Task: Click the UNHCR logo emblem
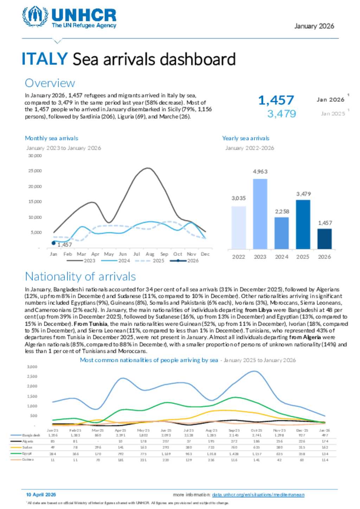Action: [x=35, y=16]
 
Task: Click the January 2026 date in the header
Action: [x=314, y=26]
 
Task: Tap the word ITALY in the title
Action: [x=44, y=59]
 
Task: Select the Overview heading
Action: [x=50, y=83]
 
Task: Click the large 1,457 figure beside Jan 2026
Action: [x=276, y=100]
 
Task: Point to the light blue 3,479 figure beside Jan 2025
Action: [x=281, y=114]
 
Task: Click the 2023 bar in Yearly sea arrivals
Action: [x=260, y=214]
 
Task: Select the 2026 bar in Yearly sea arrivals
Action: [x=324, y=239]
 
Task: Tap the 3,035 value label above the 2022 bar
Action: [x=238, y=198]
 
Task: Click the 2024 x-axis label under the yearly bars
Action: [x=281, y=257]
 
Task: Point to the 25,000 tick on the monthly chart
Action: [x=35, y=171]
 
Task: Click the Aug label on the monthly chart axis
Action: [x=150, y=254]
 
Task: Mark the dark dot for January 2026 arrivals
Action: [x=53, y=243]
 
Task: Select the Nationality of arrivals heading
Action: [x=80, y=276]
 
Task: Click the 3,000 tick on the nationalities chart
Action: [x=32, y=367]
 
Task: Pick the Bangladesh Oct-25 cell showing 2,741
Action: [x=256, y=435]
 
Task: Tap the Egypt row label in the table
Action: [x=27, y=453]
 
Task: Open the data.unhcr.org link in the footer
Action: [x=258, y=495]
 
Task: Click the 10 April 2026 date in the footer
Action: [x=41, y=495]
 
